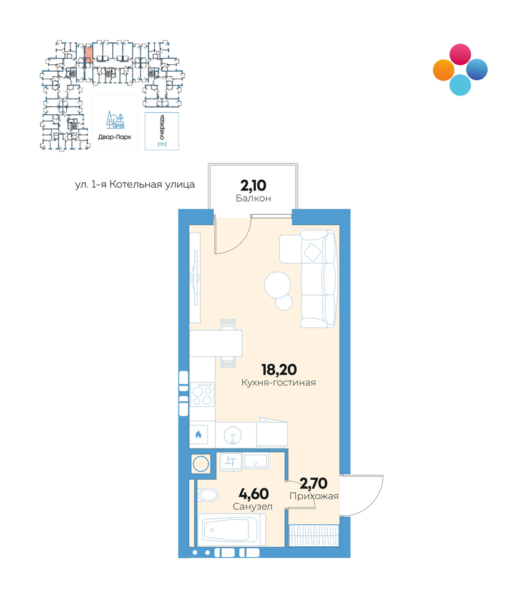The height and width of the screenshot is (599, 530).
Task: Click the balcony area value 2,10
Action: coord(253,186)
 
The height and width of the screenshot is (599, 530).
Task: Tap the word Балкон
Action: coord(253,198)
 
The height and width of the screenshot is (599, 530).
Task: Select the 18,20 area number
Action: coord(279,369)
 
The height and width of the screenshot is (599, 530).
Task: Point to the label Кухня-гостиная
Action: coord(278,382)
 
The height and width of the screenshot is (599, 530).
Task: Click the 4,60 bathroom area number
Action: coord(253,494)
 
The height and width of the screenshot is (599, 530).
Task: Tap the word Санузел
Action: coord(253,507)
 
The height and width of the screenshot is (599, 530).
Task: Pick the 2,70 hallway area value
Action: coord(313,483)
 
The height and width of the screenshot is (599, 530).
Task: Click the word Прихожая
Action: coord(314,496)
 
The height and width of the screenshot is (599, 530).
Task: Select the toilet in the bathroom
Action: coord(207,495)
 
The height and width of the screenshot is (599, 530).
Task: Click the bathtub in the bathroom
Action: coord(232,530)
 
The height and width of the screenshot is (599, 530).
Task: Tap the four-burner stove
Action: coord(202,394)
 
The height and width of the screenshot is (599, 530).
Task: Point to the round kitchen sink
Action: coord(232,434)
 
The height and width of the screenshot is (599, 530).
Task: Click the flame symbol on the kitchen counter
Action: coord(199,434)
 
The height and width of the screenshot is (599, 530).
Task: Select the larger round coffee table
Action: coord(278,285)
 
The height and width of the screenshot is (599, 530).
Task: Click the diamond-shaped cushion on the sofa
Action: coord(312,252)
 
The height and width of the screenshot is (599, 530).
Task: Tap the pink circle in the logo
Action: coord(460,54)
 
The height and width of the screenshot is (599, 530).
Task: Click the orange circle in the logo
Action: coord(444,70)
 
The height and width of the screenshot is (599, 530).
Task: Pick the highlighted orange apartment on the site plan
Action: coord(88,54)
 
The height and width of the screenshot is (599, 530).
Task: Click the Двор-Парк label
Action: coord(115,137)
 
